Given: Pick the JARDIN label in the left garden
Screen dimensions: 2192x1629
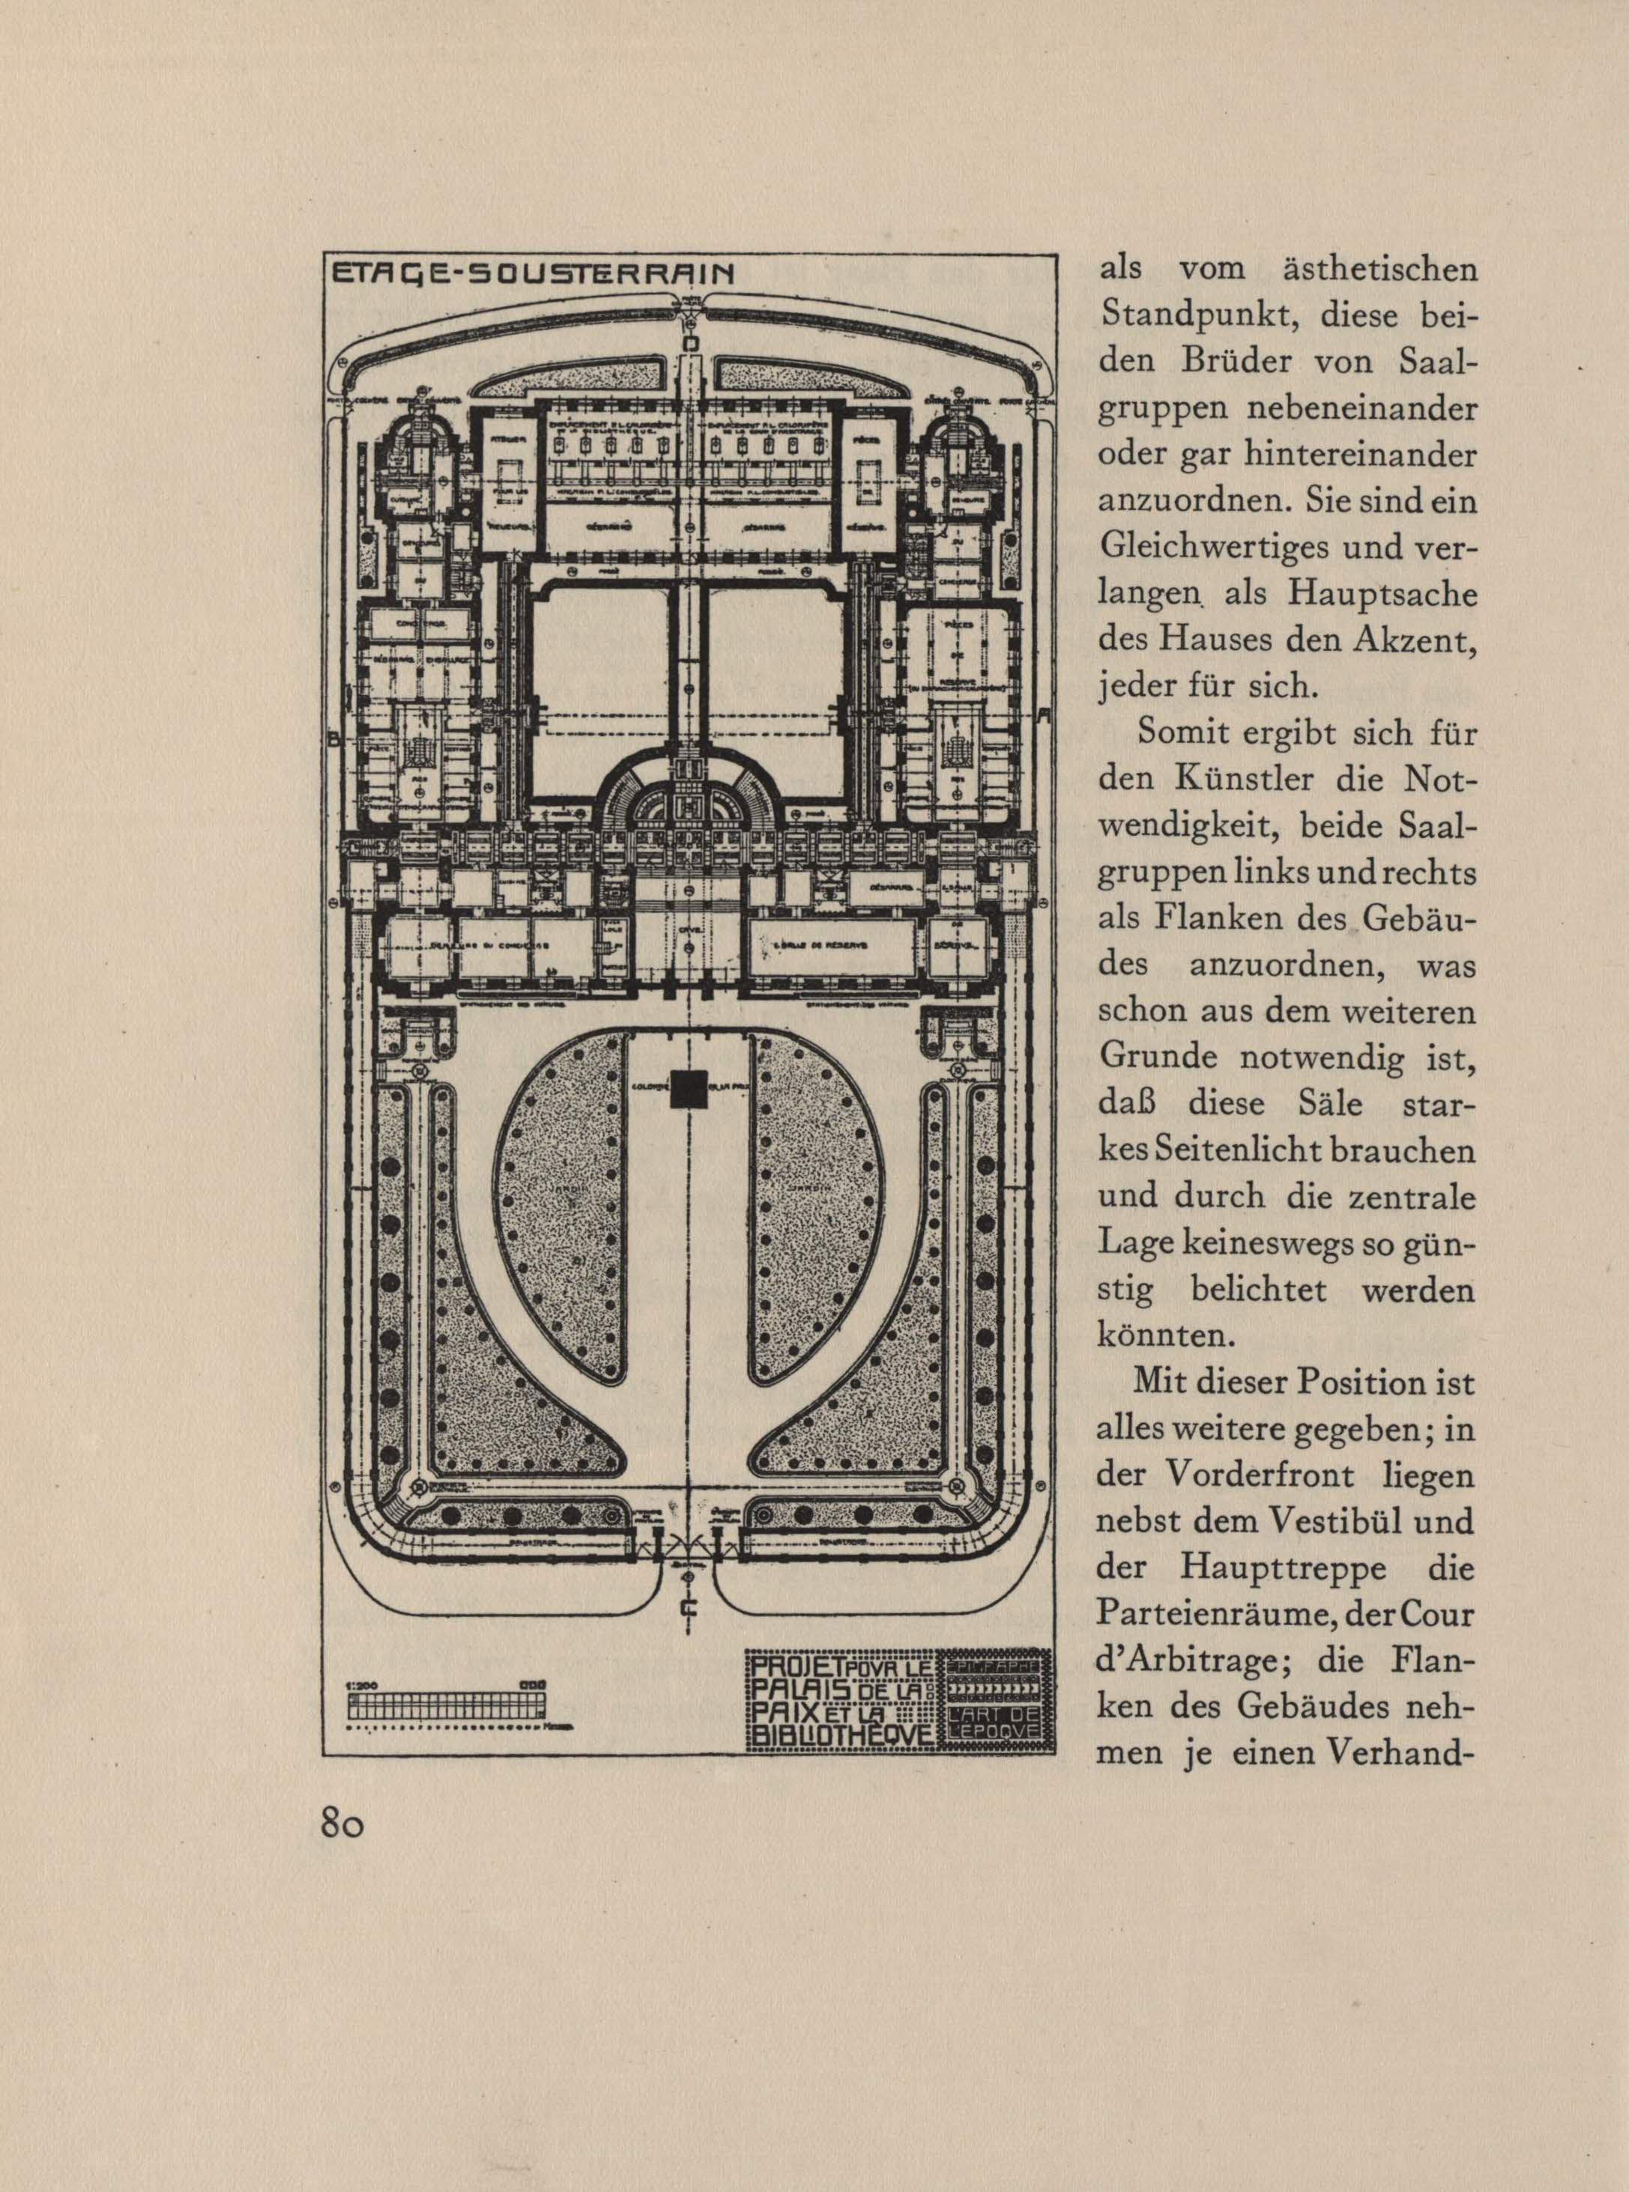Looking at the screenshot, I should coord(557,1188).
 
